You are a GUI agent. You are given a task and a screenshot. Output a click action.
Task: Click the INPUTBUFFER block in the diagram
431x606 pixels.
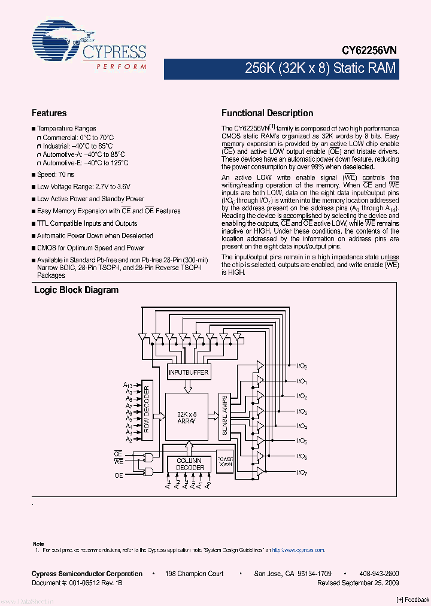click(189, 372)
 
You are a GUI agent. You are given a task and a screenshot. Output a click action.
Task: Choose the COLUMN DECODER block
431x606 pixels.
click(190, 464)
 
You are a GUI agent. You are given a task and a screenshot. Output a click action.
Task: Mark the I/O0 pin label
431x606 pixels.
click(302, 366)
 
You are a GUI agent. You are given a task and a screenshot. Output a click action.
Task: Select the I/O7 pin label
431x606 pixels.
click(302, 472)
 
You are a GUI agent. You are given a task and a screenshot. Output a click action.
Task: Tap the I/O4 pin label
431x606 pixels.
click(302, 427)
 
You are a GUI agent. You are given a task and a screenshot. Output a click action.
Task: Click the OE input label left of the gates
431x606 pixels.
click(119, 475)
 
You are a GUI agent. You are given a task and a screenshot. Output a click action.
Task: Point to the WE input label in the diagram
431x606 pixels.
click(119, 462)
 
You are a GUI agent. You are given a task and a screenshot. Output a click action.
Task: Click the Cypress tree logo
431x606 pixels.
click(60, 41)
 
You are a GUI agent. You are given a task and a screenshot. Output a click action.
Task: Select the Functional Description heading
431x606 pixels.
click(267, 113)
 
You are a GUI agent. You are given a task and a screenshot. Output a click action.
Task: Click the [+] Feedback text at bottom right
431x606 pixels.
click(413, 600)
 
